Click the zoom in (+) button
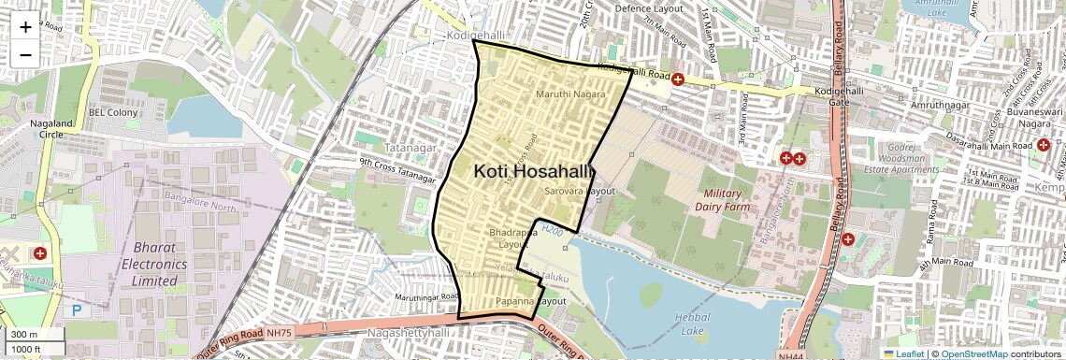click(25, 26)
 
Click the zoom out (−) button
click(25, 53)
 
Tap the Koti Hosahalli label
click(534, 171)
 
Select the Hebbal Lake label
click(692, 324)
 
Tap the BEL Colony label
click(113, 112)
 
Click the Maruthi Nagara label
click(569, 94)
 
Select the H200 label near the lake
click(552, 228)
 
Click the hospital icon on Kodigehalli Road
click(677, 79)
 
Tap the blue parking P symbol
click(76, 310)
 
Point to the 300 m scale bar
click(33, 335)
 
